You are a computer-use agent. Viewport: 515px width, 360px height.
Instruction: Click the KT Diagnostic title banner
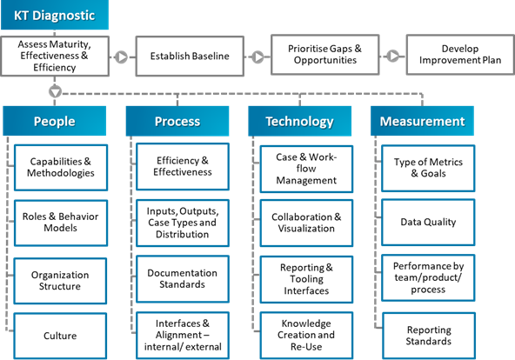[55, 16]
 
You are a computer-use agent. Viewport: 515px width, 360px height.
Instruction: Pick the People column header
[54, 121]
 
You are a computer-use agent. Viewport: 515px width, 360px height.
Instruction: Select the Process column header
[177, 121]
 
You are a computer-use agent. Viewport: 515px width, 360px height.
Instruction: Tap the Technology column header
[299, 121]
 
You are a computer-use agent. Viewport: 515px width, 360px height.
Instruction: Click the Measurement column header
[421, 121]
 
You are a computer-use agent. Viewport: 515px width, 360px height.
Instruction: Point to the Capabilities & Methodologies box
[61, 167]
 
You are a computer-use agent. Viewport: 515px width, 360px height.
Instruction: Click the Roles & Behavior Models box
[61, 223]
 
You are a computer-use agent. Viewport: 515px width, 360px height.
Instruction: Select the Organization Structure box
[61, 280]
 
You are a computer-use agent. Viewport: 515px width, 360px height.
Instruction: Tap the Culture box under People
[61, 336]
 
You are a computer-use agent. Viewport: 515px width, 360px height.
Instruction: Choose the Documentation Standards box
[182, 278]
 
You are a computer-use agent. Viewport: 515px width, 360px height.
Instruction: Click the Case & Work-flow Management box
[306, 167]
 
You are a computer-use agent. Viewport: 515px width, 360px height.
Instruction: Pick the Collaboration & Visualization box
[306, 223]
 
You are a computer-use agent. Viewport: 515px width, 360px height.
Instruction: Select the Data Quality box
[428, 223]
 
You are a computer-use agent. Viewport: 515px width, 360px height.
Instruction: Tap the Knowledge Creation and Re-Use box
[306, 335]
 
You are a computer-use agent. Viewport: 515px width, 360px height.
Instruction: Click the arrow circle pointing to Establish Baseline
[122, 57]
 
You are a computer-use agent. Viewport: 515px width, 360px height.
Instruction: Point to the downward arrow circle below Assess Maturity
[56, 90]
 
